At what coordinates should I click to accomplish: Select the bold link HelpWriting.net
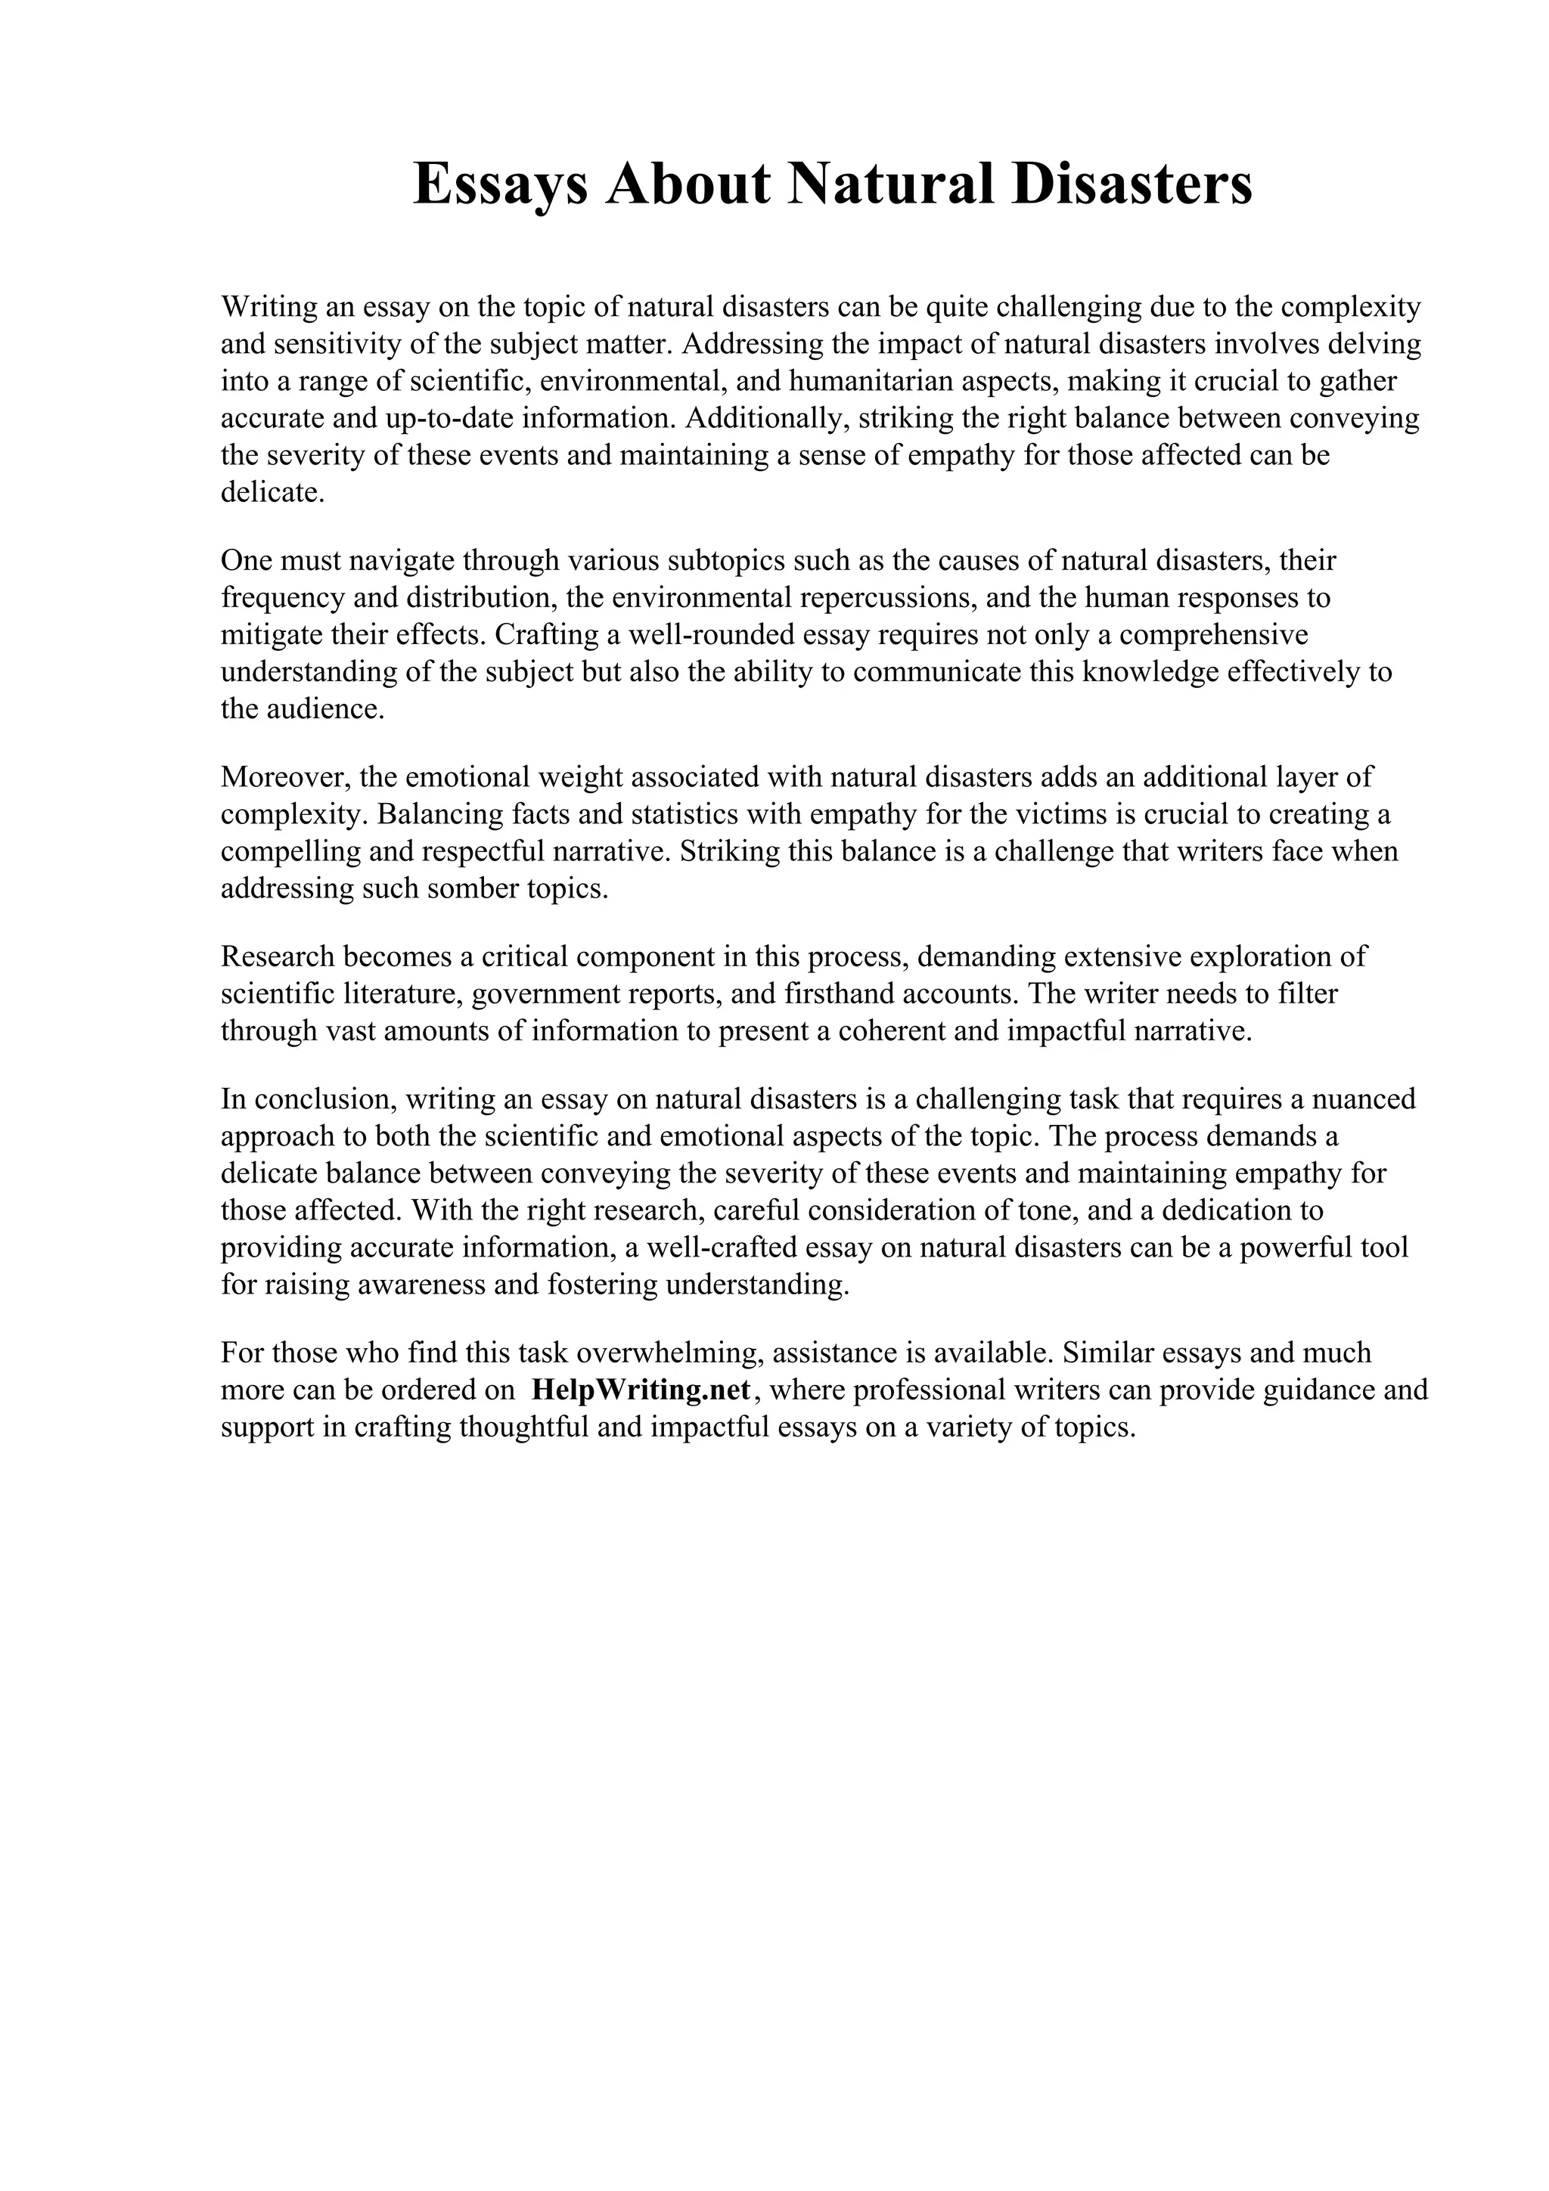click(x=641, y=1390)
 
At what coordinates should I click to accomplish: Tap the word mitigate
click(x=271, y=634)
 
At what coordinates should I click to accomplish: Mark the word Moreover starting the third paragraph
click(x=285, y=776)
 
